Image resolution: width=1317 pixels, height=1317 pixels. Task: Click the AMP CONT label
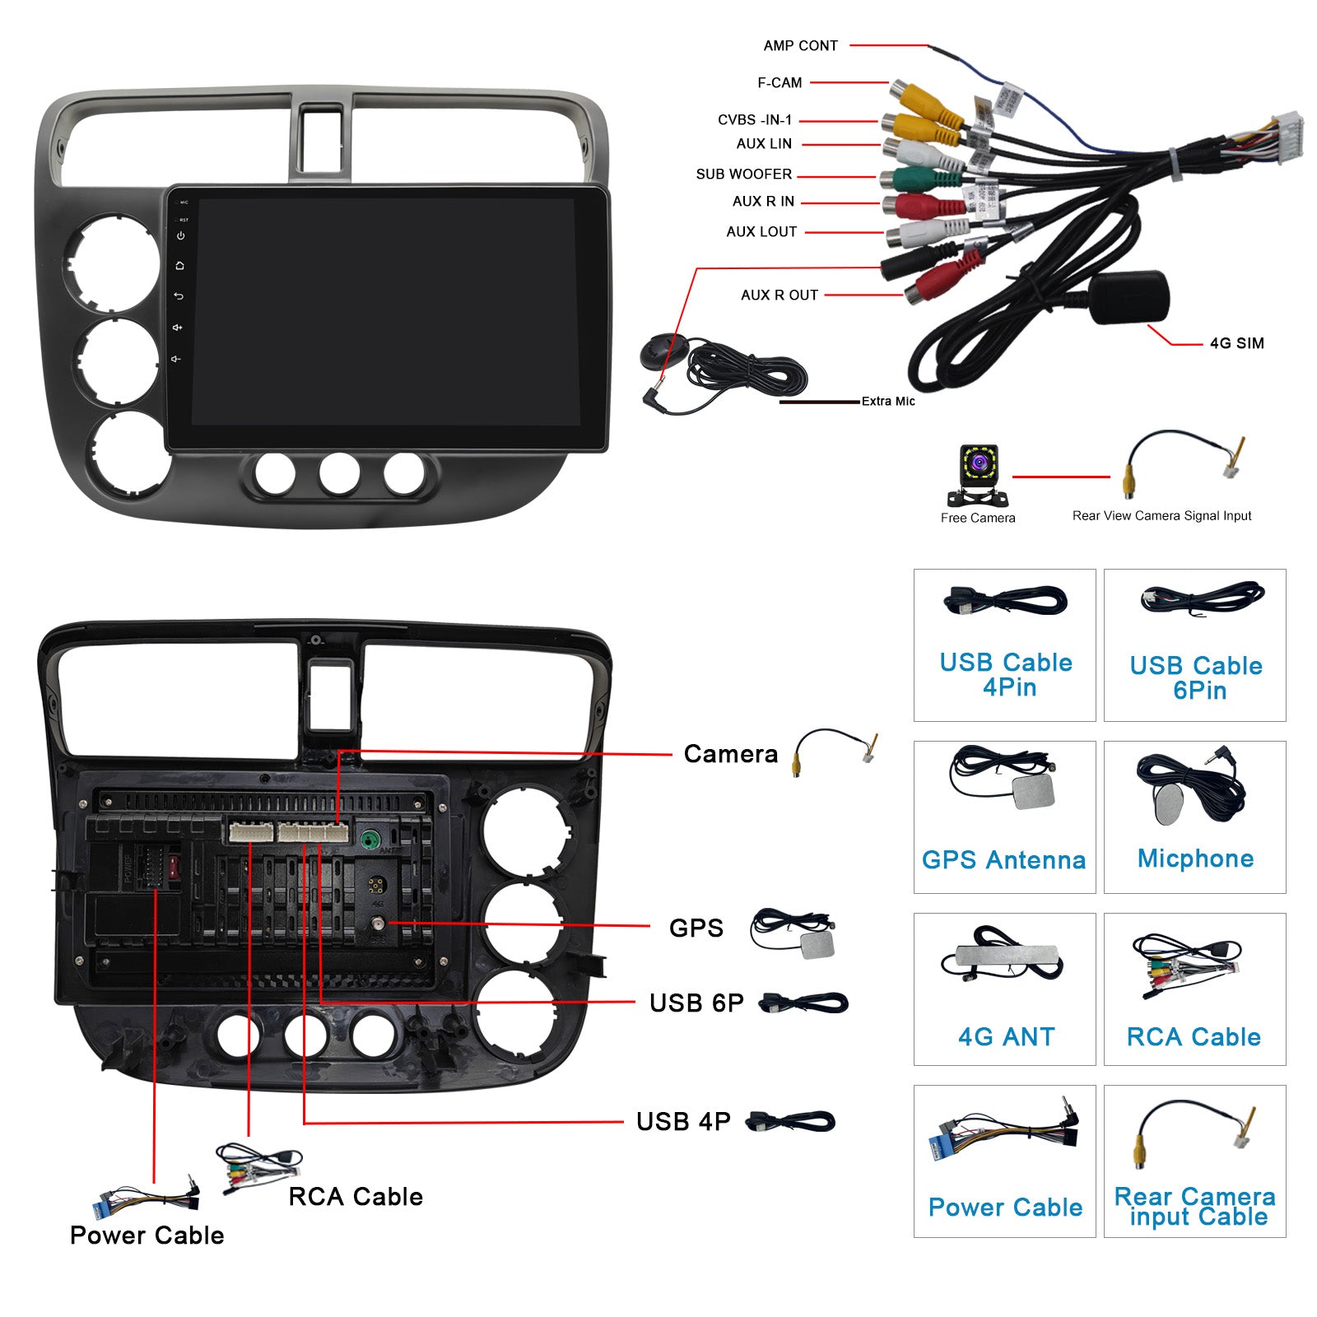(x=800, y=46)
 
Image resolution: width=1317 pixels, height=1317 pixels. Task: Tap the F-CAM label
(x=779, y=83)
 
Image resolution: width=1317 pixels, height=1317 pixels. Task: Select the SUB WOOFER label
(x=743, y=175)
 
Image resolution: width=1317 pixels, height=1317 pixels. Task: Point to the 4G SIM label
(x=1236, y=343)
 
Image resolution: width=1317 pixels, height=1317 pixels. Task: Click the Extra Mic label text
(x=888, y=402)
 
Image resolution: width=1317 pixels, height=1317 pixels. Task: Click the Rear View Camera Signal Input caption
(x=1161, y=516)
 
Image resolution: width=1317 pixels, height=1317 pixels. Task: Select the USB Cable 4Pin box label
(x=1006, y=674)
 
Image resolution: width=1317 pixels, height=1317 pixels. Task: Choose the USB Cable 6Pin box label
(x=1196, y=677)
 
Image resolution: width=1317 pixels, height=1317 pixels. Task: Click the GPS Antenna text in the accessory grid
(x=1003, y=860)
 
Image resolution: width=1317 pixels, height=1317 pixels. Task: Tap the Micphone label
(x=1195, y=859)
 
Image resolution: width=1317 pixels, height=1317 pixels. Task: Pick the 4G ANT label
(x=1006, y=1036)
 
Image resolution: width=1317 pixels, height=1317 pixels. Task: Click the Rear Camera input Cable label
(x=1195, y=1207)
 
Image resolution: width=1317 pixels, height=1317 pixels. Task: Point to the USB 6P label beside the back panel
(x=696, y=1003)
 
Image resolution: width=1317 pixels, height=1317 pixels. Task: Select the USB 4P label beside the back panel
(x=683, y=1121)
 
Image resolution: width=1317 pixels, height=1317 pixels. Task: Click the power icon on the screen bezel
(x=180, y=235)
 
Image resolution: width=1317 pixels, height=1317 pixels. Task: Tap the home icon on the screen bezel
(x=179, y=266)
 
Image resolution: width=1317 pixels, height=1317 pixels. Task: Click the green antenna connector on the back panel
(x=370, y=840)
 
